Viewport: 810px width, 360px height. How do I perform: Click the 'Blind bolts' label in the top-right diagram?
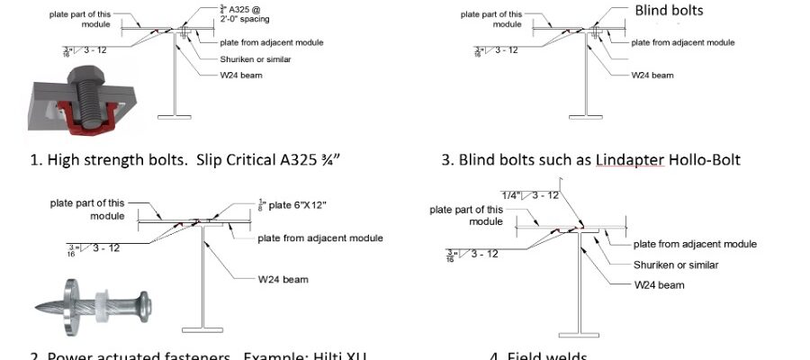click(x=669, y=11)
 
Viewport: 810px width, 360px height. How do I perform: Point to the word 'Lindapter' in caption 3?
click(x=625, y=160)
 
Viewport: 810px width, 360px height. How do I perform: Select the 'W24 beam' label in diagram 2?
click(x=283, y=279)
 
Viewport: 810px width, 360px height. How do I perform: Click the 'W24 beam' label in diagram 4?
click(x=659, y=284)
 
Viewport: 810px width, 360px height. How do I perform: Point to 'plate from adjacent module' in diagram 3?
click(x=683, y=42)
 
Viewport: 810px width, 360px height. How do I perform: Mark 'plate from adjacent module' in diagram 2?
click(x=320, y=238)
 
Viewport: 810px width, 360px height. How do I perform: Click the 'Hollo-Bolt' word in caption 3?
click(x=706, y=160)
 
